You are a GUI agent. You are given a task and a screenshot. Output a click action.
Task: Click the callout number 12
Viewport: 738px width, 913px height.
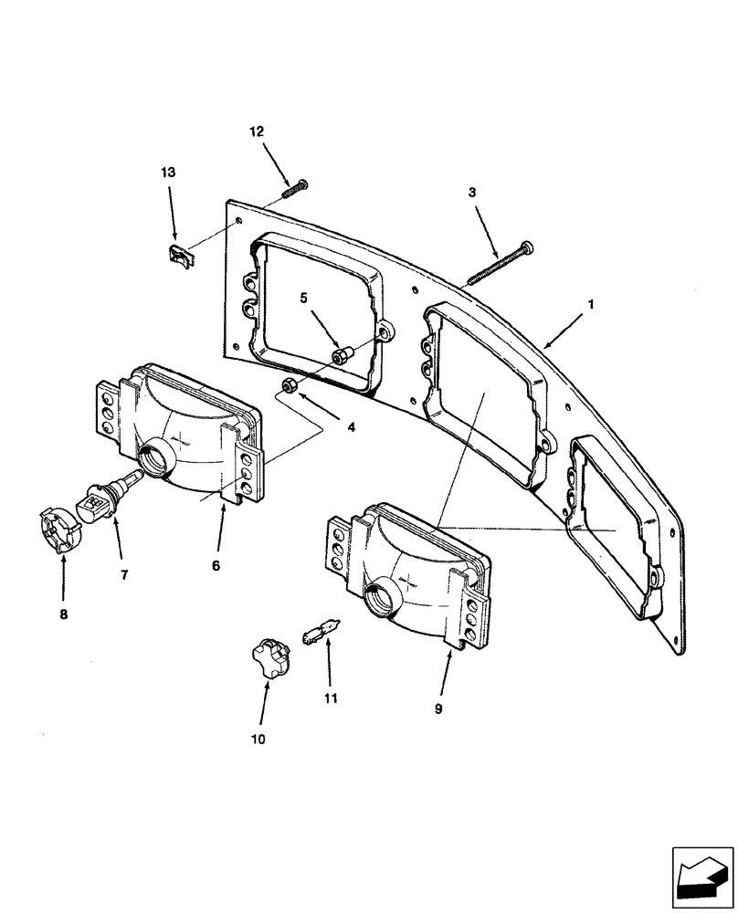[257, 131]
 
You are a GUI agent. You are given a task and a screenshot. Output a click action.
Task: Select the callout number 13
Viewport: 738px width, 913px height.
[170, 172]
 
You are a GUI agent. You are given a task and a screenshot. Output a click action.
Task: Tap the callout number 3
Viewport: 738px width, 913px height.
[472, 193]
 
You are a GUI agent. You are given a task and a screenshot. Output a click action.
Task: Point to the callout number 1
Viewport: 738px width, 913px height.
[591, 304]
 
